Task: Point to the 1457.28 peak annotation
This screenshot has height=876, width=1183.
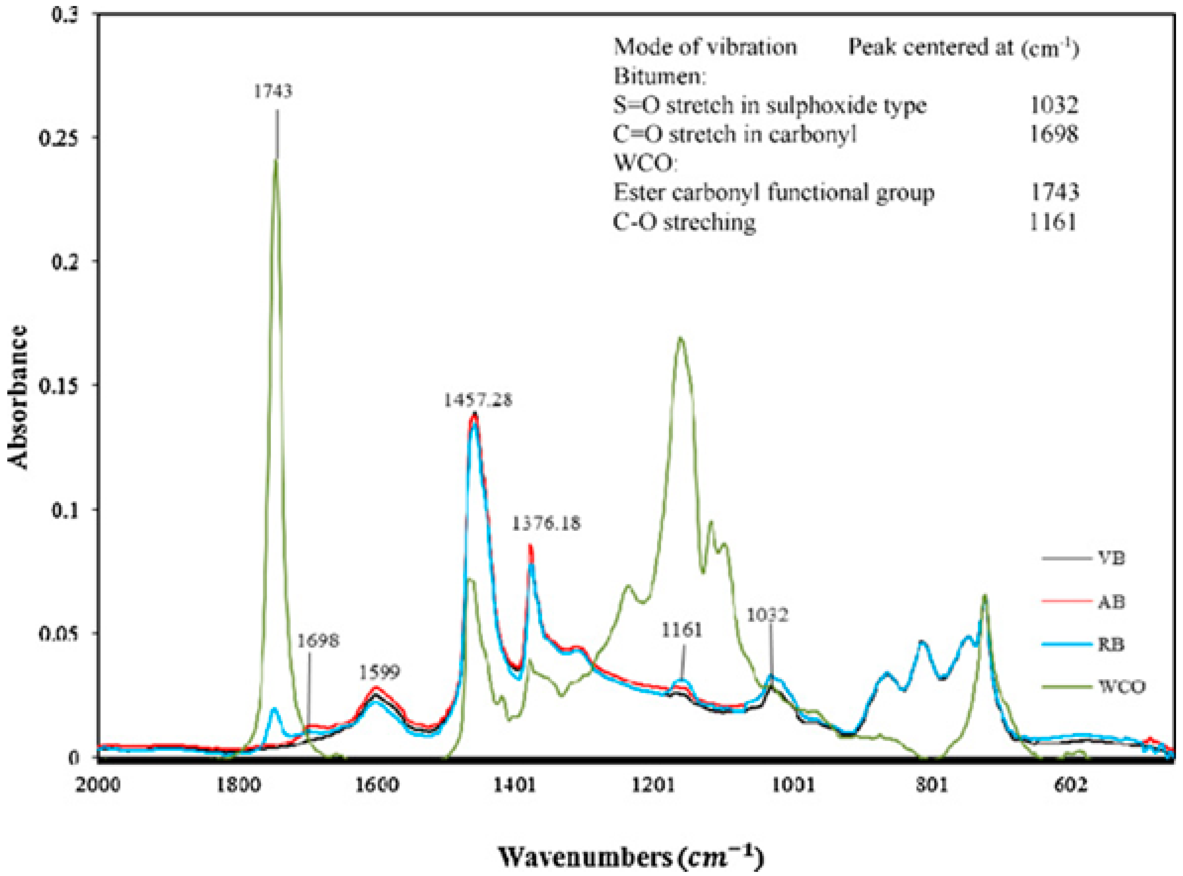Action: tap(478, 400)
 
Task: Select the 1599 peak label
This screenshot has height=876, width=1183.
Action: tap(379, 673)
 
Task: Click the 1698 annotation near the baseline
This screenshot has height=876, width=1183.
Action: tap(318, 641)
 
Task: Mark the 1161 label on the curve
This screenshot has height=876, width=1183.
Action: tap(682, 630)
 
